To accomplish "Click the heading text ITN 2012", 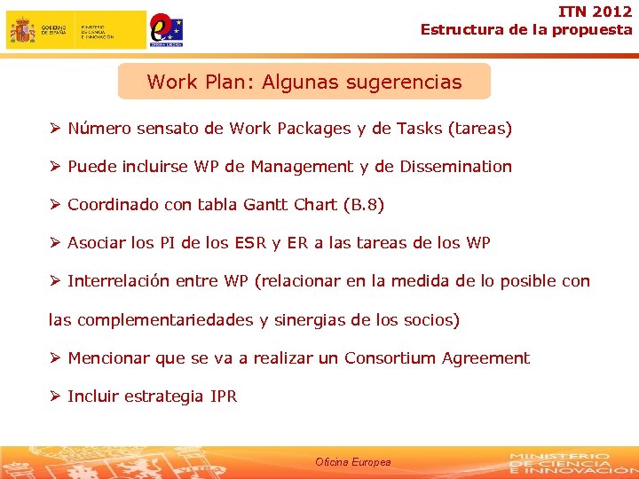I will click(596, 12).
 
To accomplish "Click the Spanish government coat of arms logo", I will click(22, 30).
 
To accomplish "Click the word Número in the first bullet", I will click(100, 129).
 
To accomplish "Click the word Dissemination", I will click(454, 167).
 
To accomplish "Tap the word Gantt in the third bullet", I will click(265, 205).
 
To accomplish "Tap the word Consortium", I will click(390, 358).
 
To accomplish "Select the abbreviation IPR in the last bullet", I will click(224, 397).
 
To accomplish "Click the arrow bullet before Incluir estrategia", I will click(54, 397).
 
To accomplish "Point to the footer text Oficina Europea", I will click(352, 462).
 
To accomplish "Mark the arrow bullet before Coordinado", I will click(54, 205).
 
